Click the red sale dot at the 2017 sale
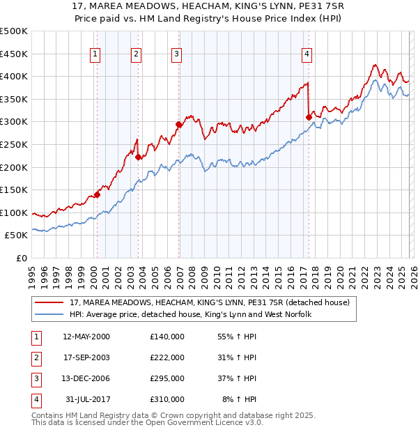pos(309,117)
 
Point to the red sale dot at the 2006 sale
pos(178,125)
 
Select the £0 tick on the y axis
pos(22,258)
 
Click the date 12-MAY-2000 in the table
pos(86,337)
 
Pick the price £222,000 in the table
pos(167,357)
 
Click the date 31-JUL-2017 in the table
pos(87,399)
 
